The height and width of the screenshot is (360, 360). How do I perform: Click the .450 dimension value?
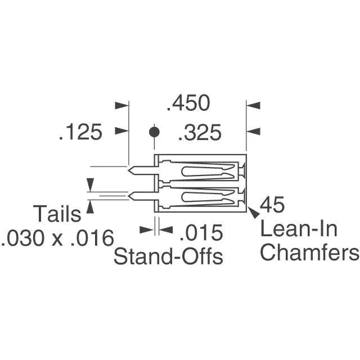[188, 103]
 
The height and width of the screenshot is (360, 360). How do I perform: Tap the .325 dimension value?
[200, 133]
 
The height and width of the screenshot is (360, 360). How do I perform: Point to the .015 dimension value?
[201, 233]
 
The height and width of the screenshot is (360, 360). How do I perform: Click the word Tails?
[57, 214]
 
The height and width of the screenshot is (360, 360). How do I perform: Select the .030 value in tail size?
[22, 238]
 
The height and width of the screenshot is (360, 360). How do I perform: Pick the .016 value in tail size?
[92, 238]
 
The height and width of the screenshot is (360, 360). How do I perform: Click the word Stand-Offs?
[168, 256]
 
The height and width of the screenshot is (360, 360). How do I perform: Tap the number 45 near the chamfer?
[272, 204]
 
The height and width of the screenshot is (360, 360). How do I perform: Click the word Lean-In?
[299, 229]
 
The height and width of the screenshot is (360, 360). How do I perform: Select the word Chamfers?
[309, 251]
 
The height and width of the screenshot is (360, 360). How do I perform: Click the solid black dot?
[154, 132]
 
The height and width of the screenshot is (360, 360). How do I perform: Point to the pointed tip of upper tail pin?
[128, 170]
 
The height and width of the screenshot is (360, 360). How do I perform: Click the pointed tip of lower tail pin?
[128, 196]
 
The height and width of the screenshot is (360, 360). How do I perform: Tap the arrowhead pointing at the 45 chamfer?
[254, 213]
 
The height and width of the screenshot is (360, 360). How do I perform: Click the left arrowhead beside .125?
[121, 131]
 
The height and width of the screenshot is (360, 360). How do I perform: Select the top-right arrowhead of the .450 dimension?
[253, 106]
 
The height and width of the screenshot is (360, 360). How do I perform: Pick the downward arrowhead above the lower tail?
[90, 184]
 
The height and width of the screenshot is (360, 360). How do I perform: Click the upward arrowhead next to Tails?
[90, 206]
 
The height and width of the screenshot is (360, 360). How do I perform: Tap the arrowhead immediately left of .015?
[146, 229]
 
